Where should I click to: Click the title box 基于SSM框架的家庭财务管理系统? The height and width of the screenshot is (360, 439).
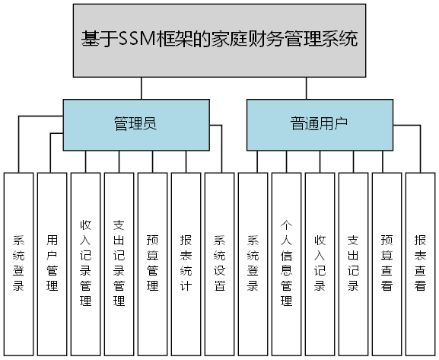[x=219, y=40]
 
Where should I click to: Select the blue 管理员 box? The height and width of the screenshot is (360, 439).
[x=135, y=123]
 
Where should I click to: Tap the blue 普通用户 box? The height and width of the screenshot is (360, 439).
[x=320, y=123]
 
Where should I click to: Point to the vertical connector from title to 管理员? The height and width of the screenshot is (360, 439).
[x=135, y=88]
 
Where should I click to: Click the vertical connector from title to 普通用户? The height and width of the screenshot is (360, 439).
[x=307, y=88]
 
